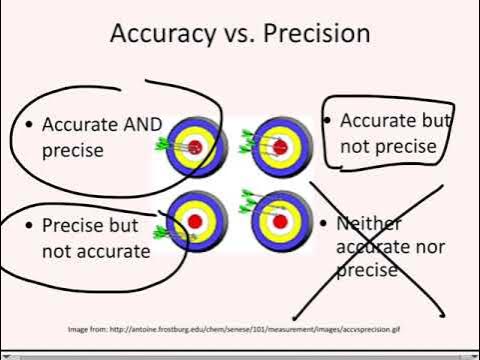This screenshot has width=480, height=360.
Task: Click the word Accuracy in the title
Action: click(x=156, y=34)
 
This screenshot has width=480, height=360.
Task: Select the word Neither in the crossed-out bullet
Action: click(x=365, y=224)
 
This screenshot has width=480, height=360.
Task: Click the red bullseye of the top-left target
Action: click(x=195, y=147)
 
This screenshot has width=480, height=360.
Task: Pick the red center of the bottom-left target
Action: click(x=196, y=220)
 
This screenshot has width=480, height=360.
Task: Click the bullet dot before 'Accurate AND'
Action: click(x=29, y=125)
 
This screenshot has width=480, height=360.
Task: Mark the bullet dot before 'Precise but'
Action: click(x=29, y=226)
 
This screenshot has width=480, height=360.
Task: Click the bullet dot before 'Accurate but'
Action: click(x=327, y=120)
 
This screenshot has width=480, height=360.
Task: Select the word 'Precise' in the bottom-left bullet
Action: click(x=73, y=226)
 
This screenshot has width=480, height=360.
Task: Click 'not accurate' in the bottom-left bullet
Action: click(x=96, y=250)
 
